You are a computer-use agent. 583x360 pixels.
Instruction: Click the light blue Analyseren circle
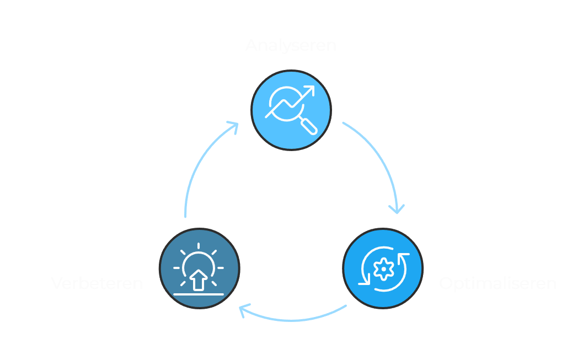291,110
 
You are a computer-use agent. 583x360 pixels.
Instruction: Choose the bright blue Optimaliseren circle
383,268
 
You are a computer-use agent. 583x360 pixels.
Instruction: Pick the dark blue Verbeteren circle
200,268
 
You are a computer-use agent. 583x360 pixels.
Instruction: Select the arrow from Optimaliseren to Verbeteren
292,318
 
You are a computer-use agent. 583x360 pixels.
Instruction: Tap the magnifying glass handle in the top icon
309,127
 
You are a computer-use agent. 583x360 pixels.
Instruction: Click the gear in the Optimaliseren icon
382,268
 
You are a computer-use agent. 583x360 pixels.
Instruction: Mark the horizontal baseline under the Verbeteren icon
199,294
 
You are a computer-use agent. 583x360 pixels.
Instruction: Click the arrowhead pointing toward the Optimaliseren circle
396,209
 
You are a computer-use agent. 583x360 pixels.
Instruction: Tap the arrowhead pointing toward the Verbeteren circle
243,310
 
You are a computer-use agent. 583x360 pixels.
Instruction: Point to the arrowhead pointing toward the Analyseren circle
234,126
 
